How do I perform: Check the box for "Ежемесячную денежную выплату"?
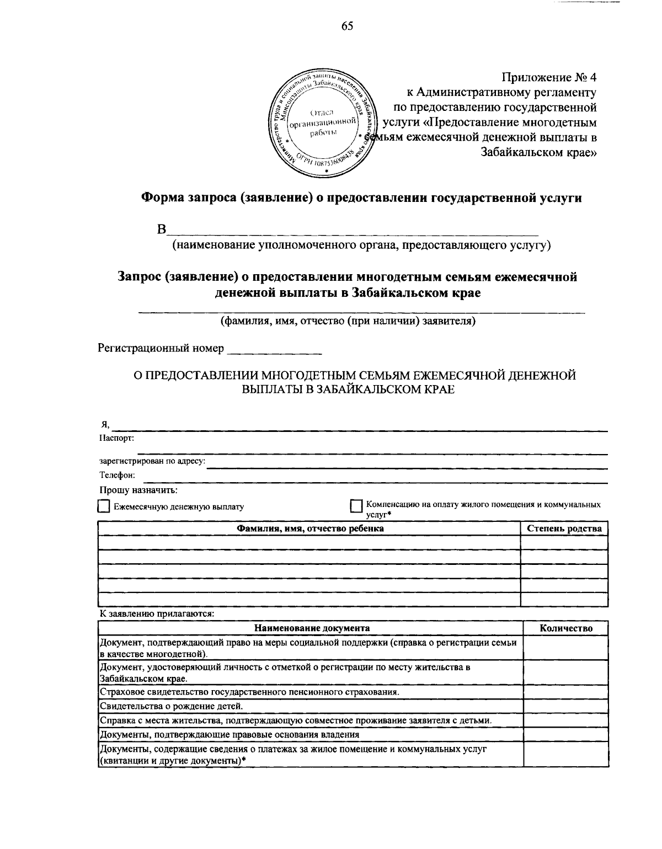click(x=103, y=506)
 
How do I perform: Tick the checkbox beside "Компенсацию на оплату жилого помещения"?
click(x=356, y=506)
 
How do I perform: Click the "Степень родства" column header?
click(x=564, y=528)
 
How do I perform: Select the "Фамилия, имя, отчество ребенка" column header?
click(x=310, y=528)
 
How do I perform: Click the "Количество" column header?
click(x=565, y=628)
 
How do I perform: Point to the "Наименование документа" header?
click(x=312, y=628)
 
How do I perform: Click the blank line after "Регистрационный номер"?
click(x=274, y=349)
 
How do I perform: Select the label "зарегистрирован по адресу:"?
click(x=152, y=461)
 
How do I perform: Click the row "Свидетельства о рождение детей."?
click(x=171, y=706)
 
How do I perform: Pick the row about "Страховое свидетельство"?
click(x=249, y=692)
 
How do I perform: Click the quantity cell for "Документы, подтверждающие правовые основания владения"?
click(x=565, y=734)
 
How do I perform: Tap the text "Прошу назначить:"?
click(x=138, y=489)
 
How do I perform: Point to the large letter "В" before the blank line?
click(x=161, y=230)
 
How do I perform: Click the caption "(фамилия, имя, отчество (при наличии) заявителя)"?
click(x=348, y=321)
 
